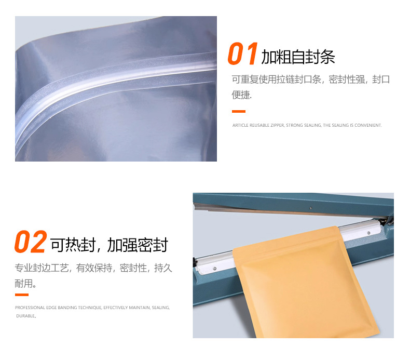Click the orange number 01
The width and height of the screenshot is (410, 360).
pos(243,55)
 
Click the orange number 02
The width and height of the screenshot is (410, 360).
pos(31,243)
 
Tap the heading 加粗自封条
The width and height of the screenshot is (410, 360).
pos(298,57)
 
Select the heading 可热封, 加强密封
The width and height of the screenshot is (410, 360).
pos(109,245)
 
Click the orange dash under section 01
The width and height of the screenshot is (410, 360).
pos(238,111)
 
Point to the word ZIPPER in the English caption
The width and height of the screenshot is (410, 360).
pos(276,125)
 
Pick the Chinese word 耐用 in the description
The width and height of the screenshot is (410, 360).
pos(23,284)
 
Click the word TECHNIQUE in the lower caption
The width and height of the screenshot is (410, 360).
pos(89,308)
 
